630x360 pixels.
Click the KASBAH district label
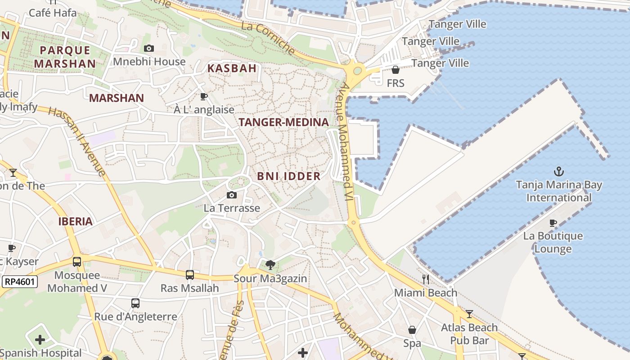coord(232,68)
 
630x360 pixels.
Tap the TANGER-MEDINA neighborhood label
coord(283,122)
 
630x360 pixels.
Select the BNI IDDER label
coord(289,176)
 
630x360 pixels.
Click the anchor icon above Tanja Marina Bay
coord(558,171)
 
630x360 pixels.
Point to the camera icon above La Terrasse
coord(232,195)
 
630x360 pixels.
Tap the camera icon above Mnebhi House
coord(149,49)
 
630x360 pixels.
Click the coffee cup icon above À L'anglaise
coord(204,96)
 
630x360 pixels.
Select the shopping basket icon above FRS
coord(395,70)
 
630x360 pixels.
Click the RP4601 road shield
coord(20,282)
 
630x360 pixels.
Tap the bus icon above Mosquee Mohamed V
coord(77,261)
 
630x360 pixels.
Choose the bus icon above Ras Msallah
coord(190,274)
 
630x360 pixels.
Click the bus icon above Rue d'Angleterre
coord(135,303)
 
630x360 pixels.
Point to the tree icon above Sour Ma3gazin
coord(270,265)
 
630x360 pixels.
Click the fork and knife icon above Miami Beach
coord(425,279)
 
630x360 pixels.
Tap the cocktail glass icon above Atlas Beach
coord(469,314)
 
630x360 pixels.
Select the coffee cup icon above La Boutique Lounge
coord(553,223)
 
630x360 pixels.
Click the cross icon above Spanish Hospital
coord(40,340)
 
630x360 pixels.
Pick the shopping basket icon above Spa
coord(412,330)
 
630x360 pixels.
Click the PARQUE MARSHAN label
coord(65,57)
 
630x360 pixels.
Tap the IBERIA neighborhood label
coord(75,221)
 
